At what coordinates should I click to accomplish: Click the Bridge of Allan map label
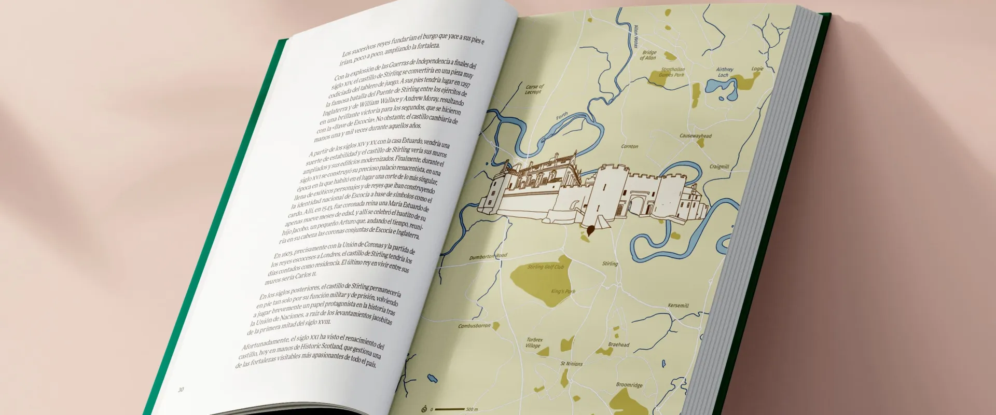648,55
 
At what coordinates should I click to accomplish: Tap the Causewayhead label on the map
696,136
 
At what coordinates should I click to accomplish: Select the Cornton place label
630,146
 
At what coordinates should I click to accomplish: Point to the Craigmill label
719,167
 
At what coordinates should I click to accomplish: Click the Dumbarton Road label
488,256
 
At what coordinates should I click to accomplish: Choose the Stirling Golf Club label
546,267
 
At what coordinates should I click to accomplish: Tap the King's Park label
563,292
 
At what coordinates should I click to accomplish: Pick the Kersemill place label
678,306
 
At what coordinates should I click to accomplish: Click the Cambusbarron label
474,326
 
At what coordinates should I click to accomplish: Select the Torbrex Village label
534,343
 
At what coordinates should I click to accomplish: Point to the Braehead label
619,344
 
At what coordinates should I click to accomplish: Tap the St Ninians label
571,364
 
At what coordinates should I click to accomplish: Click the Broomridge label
629,385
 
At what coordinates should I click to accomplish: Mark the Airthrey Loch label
724,72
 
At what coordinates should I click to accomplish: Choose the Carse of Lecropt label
534,89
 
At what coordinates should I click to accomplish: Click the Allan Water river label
636,36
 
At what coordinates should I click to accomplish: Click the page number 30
181,390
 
